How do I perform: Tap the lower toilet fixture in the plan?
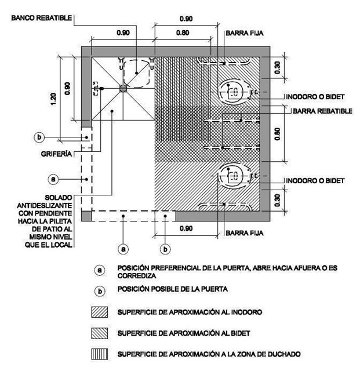235,177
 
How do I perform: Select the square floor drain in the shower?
123,88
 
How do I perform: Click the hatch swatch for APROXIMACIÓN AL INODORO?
100,312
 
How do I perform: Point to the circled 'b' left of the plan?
39,137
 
